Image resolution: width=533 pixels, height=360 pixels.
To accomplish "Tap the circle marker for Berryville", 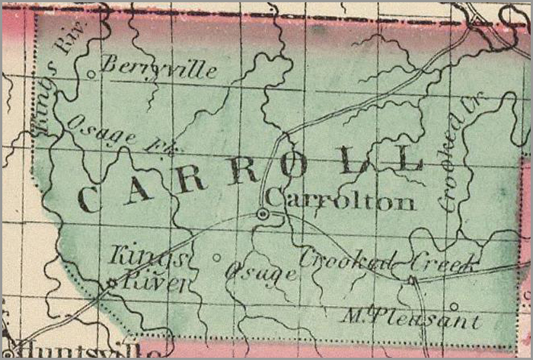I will (91, 74).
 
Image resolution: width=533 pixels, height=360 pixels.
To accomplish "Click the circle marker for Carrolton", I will (263, 215).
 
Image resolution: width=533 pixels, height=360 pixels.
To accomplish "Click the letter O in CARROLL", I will (294, 168).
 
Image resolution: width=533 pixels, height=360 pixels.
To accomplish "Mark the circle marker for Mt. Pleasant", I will (455, 307).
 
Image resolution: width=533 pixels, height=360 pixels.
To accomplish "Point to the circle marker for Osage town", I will (216, 257).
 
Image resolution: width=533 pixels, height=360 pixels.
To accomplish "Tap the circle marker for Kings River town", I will (112, 283).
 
